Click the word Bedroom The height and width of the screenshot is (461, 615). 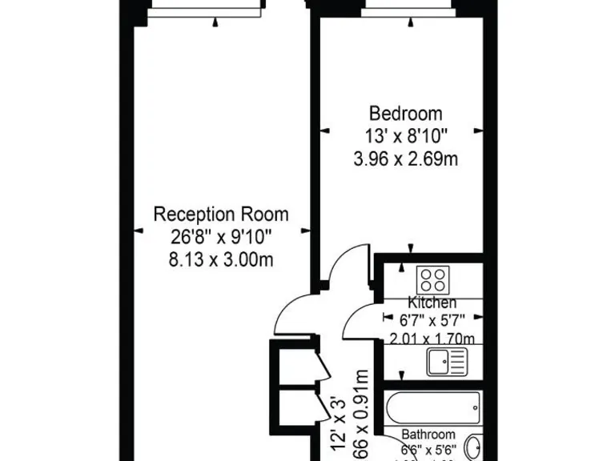tap(405, 113)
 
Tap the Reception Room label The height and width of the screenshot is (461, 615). tap(221, 214)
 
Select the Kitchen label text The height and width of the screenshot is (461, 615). tap(432, 303)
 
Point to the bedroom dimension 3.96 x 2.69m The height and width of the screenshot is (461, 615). tap(405, 159)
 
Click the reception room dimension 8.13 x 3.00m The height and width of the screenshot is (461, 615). tap(221, 259)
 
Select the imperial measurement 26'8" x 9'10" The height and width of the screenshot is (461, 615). tap(221, 237)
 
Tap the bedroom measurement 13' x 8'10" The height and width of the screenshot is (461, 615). tap(405, 136)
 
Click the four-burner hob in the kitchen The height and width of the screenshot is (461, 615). tap(433, 280)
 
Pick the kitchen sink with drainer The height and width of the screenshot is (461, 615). tap(445, 362)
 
